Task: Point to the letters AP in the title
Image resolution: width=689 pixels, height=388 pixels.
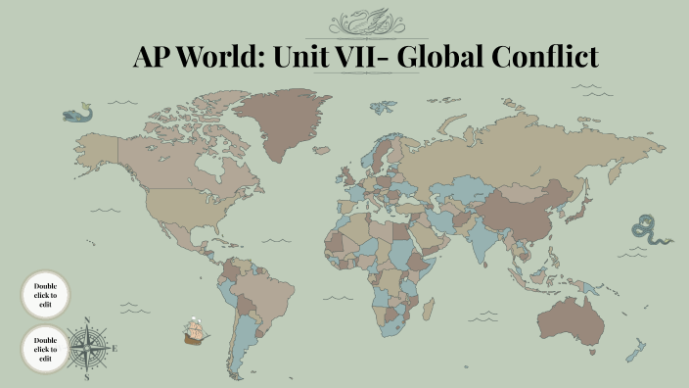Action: [154, 57]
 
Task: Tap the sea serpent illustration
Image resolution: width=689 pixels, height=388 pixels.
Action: [651, 230]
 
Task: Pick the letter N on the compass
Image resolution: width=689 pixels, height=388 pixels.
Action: [87, 320]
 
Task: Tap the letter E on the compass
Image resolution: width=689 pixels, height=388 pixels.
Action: [115, 348]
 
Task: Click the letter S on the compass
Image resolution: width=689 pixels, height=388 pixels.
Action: [87, 376]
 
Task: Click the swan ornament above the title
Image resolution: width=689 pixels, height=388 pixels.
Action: [364, 22]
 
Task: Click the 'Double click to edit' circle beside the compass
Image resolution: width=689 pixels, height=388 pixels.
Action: [45, 349]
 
